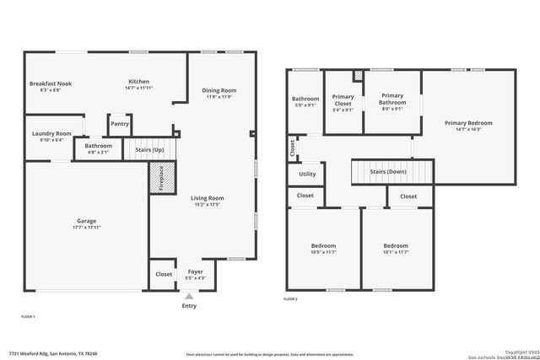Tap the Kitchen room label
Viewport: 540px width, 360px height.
138,82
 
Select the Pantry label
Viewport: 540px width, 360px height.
120,124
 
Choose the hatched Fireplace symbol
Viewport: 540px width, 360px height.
156,179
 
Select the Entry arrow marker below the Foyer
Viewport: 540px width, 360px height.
190,296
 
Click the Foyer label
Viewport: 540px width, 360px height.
195,271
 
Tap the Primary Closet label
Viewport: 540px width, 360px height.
343,100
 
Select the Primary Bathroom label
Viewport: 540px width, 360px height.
392,100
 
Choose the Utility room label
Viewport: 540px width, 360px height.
306,175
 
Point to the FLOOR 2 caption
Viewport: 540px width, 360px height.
290,299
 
